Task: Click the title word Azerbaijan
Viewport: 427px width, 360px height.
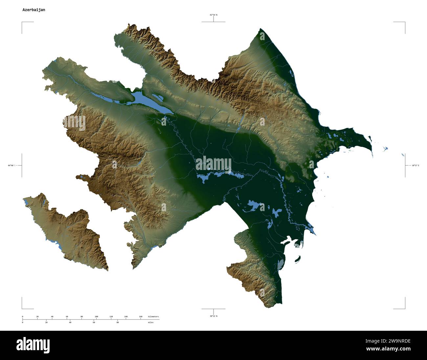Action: [34, 10]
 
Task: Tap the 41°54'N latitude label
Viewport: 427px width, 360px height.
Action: [213, 15]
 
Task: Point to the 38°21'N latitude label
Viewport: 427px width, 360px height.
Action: [213, 316]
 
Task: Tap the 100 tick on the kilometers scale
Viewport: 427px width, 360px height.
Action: [96, 317]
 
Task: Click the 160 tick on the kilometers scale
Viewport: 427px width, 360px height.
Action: [141, 317]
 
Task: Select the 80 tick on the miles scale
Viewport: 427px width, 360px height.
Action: [118, 323]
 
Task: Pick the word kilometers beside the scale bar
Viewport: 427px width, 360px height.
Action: [153, 317]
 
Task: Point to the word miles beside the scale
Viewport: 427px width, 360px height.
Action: [150, 323]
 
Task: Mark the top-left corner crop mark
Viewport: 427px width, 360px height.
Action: [22, 22]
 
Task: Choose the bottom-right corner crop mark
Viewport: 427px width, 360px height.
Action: [405, 308]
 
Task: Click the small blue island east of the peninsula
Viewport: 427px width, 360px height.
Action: [385, 149]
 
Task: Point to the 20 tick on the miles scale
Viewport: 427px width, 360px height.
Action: [46, 323]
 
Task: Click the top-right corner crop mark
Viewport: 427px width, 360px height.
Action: [405, 22]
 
